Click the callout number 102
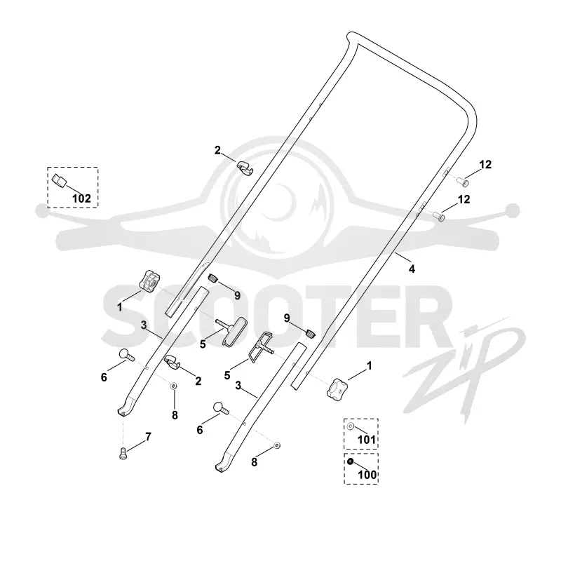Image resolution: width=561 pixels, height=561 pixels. (81, 198)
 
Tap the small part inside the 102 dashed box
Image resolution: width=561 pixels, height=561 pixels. (60, 180)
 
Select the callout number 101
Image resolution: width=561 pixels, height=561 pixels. (367, 440)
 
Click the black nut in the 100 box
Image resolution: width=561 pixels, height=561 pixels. (350, 461)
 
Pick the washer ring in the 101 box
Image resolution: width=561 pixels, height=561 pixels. (351, 426)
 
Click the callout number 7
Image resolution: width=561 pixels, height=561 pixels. (148, 436)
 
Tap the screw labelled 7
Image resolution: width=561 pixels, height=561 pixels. (123, 454)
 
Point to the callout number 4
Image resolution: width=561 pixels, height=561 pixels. (412, 269)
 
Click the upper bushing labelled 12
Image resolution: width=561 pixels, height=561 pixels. (463, 182)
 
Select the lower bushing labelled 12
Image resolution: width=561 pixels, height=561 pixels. (439, 216)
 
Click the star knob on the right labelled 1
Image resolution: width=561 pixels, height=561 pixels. (337, 388)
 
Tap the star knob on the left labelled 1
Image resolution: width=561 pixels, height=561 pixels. (149, 281)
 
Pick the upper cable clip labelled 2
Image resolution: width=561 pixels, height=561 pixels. (244, 168)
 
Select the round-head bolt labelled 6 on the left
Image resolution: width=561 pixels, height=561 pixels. (126, 355)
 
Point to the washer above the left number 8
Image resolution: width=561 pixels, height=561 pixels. (174, 386)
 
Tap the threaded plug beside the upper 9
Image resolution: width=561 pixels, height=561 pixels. (213, 277)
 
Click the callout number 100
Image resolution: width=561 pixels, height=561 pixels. (367, 475)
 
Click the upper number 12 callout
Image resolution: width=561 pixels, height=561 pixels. (485, 165)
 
